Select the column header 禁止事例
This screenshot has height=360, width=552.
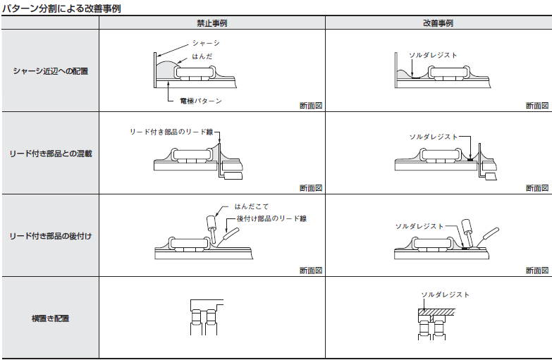[x=211, y=23]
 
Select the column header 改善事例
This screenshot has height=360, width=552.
[x=438, y=23]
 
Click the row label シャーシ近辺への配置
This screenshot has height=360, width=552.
[x=50, y=71]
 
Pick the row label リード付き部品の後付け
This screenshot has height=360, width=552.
[x=50, y=236]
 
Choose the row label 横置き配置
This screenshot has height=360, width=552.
[x=50, y=318]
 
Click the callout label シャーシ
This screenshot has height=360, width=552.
[x=206, y=44]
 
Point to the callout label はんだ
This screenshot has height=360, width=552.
[x=202, y=56]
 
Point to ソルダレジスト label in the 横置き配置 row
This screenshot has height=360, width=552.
[x=445, y=294]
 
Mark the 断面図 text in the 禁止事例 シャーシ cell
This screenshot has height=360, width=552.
[x=310, y=106]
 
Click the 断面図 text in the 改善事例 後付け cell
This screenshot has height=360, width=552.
[x=536, y=271]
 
